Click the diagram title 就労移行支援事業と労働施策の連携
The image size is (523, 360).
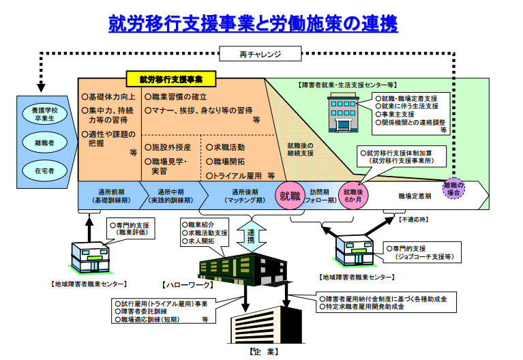[253, 24]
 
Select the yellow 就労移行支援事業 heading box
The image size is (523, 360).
[170, 79]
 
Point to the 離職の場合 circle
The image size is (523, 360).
[453, 190]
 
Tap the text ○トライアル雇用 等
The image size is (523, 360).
[240, 175]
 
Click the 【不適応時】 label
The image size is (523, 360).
[415, 220]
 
